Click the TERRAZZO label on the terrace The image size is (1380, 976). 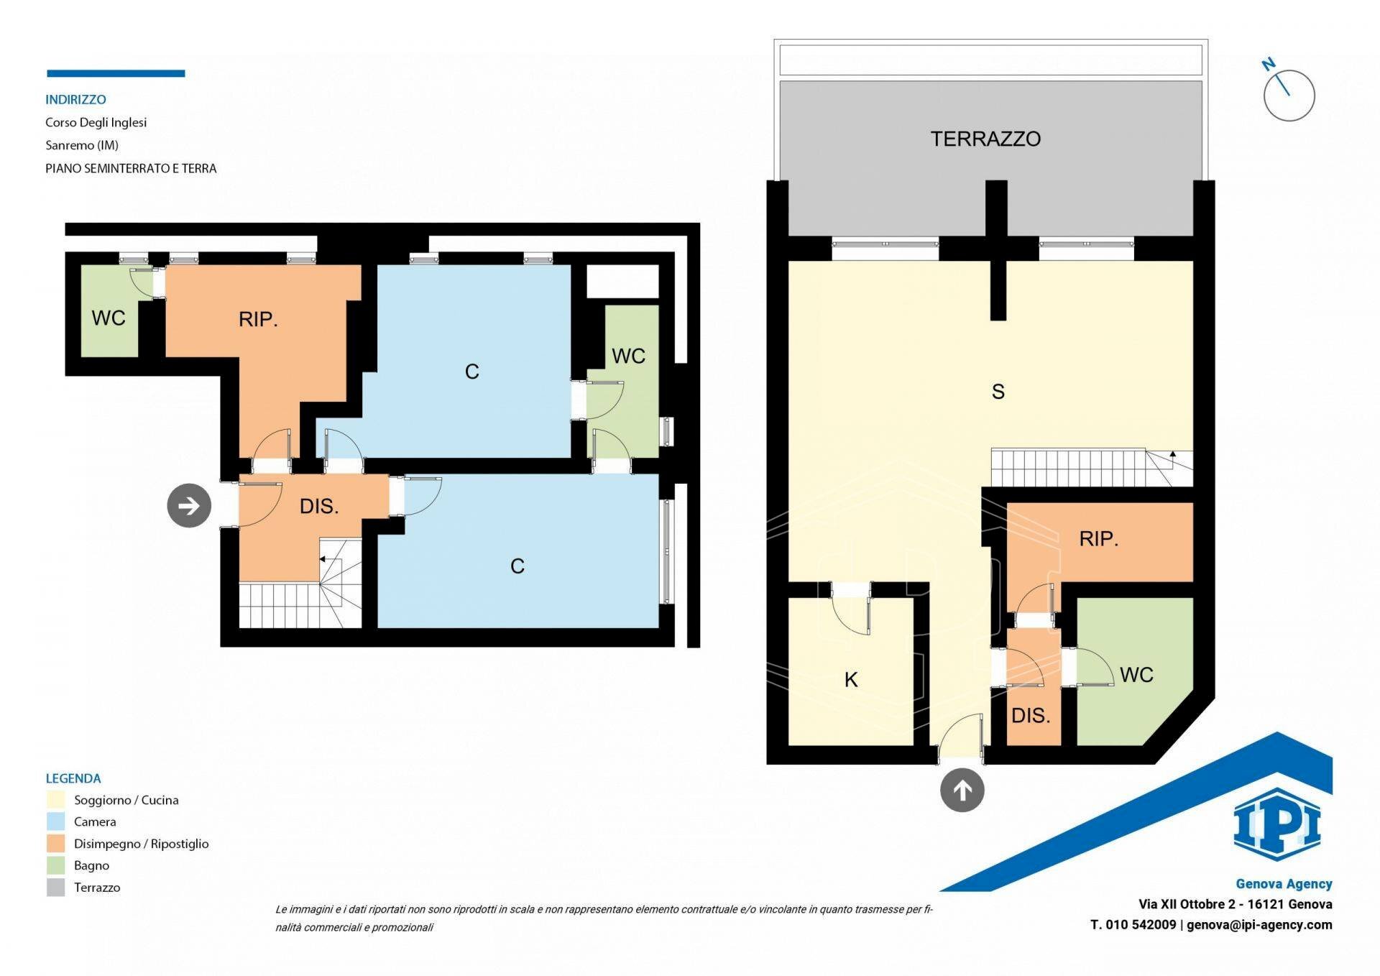985,139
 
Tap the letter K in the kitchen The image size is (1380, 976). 851,679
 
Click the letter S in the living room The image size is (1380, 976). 998,392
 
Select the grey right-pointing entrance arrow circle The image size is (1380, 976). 189,506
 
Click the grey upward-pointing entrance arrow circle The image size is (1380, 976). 962,791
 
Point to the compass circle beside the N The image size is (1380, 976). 1289,96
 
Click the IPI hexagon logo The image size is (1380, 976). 1276,824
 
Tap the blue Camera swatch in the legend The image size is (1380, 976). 55,821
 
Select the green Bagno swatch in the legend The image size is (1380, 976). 55,865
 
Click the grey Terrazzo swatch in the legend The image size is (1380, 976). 55,888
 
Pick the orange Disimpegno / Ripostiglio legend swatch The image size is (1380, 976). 55,844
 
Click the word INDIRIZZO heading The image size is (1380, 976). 75,100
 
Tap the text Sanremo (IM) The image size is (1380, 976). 82,145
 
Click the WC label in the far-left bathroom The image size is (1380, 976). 109,318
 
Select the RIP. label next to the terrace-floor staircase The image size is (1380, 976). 1098,539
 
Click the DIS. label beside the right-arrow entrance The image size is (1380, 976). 318,506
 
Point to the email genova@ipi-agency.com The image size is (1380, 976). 1259,925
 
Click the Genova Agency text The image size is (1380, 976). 1284,884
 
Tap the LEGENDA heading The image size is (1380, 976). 73,778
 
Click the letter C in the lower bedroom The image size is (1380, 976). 517,566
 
